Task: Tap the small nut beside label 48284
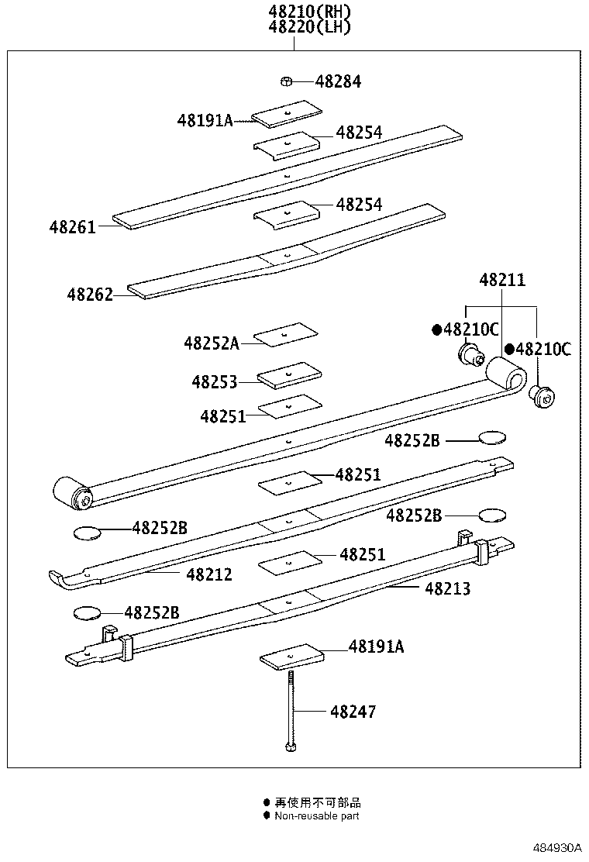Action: tap(286, 81)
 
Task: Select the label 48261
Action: tap(73, 227)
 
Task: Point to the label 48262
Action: tap(90, 295)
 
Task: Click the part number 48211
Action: tap(501, 280)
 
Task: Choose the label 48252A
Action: tap(212, 343)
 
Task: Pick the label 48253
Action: tap(215, 381)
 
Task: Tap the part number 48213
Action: tap(447, 589)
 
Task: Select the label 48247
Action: tap(353, 711)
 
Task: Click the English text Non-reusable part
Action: tap(317, 815)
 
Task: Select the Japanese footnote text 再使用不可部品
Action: tap(318, 802)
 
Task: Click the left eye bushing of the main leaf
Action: tap(72, 494)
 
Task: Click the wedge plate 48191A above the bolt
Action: tap(290, 657)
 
